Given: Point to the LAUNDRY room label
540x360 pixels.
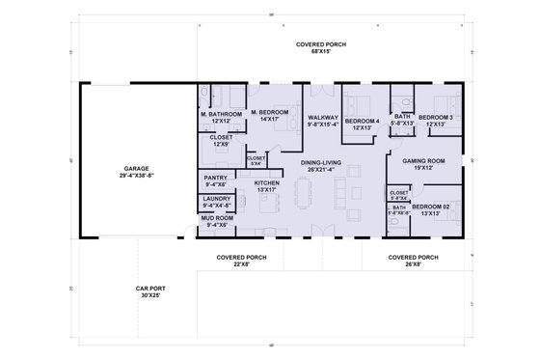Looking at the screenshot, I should (216, 202).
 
